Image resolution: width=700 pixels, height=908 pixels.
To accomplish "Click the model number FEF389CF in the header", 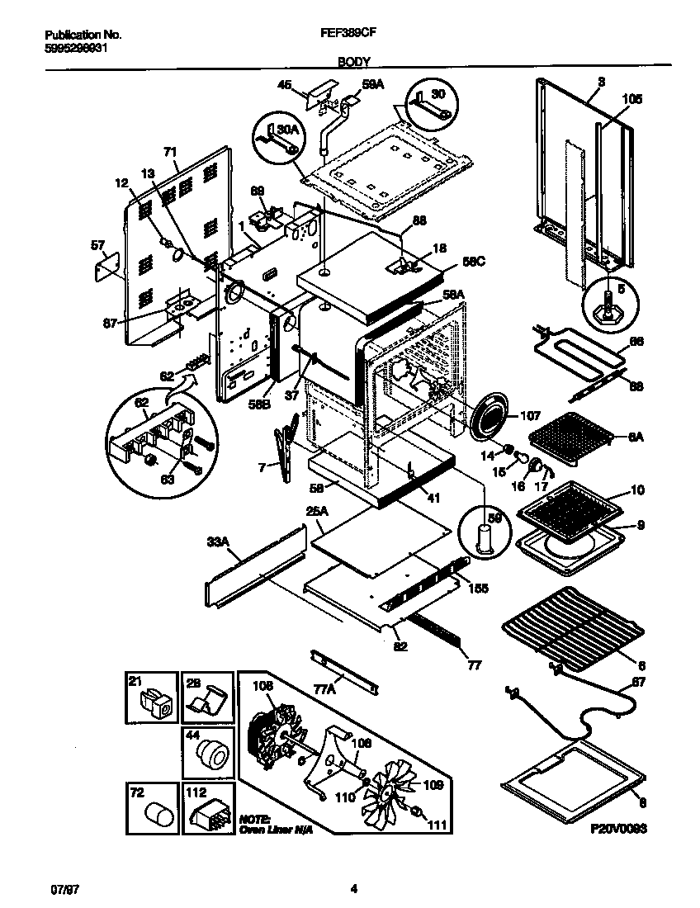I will coord(349,35).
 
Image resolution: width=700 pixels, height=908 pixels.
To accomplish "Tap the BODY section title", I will coord(353,61).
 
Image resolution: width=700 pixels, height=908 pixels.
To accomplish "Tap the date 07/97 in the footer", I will coord(63,890).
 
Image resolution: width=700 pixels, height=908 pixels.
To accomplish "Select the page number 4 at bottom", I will coord(353,890).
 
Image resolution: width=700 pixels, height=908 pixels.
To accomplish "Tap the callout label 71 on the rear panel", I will coord(170,152).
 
